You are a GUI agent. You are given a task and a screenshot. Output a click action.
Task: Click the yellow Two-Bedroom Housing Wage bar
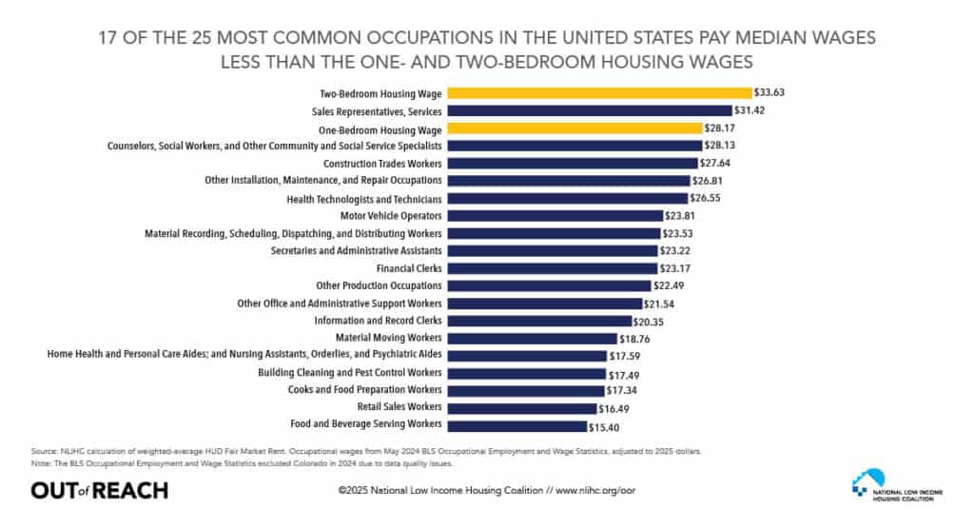pos(599,93)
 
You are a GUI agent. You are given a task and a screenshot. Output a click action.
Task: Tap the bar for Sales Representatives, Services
pos(589,110)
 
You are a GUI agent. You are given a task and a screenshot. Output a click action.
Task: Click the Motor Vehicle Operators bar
pos(555,216)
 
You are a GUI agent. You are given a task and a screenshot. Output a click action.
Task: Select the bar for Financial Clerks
pos(552,268)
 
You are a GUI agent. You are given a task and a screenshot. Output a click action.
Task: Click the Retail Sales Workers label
pos(399,406)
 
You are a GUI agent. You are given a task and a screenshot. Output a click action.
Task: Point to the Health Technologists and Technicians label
pos(364,199)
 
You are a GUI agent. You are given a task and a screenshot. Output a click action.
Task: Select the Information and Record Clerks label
pos(378,321)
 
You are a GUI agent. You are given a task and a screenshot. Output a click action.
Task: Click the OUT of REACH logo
pos(99,490)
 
